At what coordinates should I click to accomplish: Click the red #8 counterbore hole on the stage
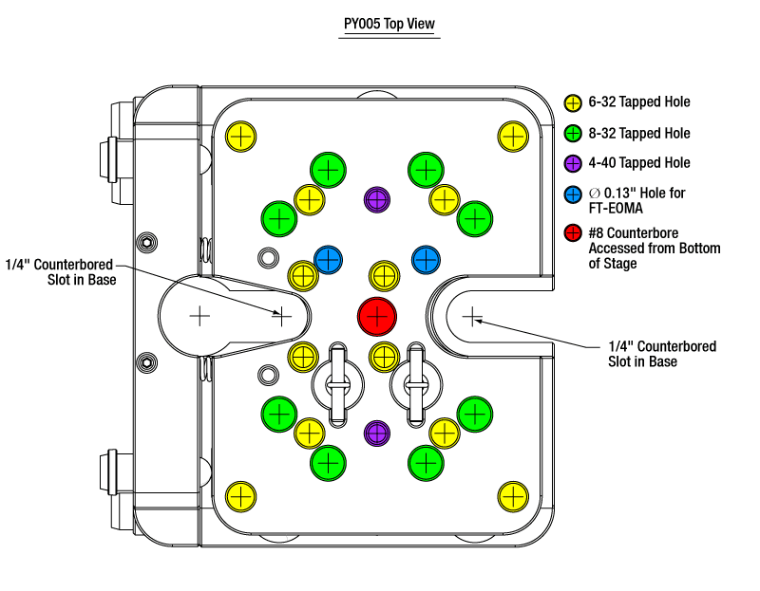(377, 316)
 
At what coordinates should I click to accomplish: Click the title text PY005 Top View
(390, 26)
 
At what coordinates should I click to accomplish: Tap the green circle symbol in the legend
(573, 134)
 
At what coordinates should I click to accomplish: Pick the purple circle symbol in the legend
(573, 163)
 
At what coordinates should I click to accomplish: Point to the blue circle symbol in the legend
(573, 194)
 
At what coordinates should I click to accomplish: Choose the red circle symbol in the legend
(573, 232)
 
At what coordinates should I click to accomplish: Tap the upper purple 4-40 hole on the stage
(378, 199)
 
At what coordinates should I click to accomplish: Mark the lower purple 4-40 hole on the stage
(378, 433)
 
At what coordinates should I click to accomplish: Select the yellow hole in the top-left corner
(240, 137)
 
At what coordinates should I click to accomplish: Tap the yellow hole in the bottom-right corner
(513, 495)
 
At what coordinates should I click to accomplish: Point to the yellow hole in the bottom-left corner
(240, 495)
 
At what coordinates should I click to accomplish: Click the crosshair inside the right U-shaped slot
(472, 315)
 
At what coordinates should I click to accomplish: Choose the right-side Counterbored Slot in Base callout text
(662, 354)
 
